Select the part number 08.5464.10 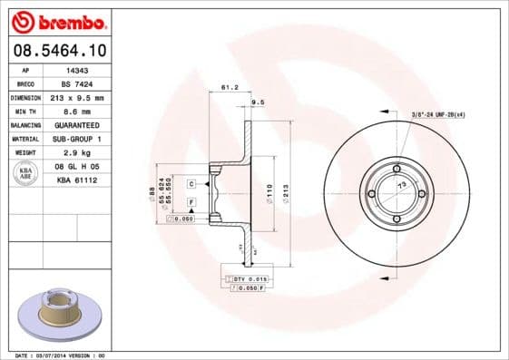[60, 52]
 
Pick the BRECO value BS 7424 [76, 83]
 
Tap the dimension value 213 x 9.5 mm [76, 97]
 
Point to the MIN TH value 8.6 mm [76, 111]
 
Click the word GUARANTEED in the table [76, 124]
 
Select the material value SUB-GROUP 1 [76, 139]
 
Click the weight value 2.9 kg [76, 152]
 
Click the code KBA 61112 [76, 180]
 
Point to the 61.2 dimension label [230, 88]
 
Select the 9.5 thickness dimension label [257, 102]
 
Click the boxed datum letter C [191, 184]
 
